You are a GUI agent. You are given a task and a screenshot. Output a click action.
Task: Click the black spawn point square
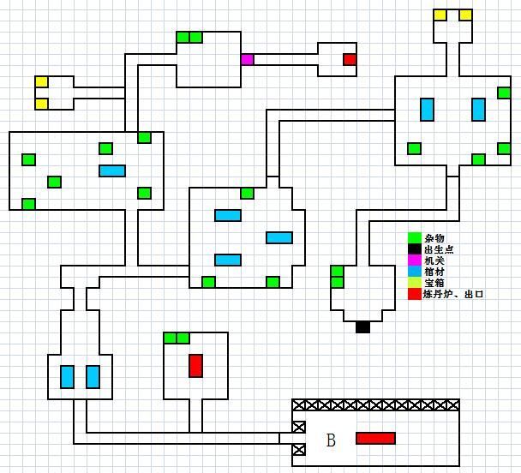(x=362, y=326)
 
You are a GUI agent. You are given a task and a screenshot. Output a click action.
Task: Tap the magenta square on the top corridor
(x=247, y=59)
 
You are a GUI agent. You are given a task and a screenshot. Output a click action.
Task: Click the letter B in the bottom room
(x=331, y=440)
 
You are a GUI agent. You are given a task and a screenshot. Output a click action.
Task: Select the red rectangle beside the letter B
(x=375, y=438)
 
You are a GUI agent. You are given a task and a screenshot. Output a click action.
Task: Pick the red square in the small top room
(x=350, y=59)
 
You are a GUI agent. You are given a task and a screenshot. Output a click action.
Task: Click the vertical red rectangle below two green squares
(x=195, y=365)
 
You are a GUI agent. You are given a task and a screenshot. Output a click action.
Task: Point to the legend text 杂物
(x=434, y=237)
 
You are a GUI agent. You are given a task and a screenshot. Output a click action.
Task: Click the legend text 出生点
(x=438, y=248)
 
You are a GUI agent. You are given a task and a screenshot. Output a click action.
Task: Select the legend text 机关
(x=434, y=260)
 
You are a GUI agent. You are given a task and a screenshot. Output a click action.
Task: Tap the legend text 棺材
(x=434, y=271)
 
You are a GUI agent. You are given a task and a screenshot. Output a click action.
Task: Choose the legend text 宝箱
(x=434, y=282)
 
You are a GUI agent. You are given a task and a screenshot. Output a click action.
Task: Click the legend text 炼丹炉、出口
(x=454, y=293)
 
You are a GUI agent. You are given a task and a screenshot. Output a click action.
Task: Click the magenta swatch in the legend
(x=414, y=260)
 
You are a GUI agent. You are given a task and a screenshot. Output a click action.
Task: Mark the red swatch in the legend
(x=414, y=293)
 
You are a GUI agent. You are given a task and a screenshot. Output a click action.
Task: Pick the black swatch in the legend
(x=414, y=248)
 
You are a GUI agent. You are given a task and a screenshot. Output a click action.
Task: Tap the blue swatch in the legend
(x=414, y=271)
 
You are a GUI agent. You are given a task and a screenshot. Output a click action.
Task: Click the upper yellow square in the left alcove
(x=41, y=82)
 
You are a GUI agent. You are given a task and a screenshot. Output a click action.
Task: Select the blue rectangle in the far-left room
(x=112, y=171)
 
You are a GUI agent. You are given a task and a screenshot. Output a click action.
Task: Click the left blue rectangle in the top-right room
(x=427, y=110)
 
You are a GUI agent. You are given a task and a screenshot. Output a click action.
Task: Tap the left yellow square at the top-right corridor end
(x=440, y=15)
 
